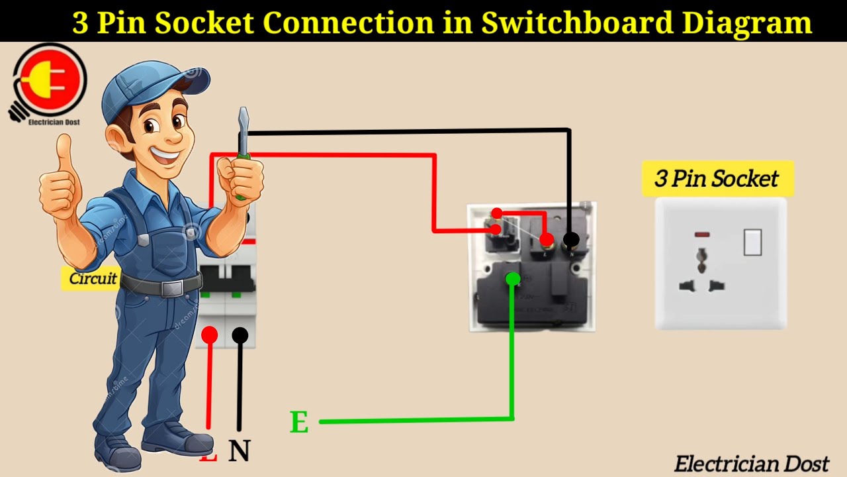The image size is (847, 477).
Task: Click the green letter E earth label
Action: coord(299,422)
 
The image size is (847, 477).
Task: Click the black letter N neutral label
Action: coord(240,451)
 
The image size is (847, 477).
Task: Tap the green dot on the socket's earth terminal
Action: coord(512,279)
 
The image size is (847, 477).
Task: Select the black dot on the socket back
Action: coord(570,240)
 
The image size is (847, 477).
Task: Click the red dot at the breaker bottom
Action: coord(210,335)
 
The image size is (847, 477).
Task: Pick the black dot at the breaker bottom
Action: coord(240,335)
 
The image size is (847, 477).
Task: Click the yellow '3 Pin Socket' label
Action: coord(717,178)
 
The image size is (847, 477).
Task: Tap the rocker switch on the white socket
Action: coord(752,242)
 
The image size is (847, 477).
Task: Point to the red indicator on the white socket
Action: coord(702,235)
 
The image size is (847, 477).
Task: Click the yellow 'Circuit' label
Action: coord(93,278)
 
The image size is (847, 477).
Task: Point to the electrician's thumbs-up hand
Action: coord(61,179)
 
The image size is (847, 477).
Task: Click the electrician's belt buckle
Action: coord(171,289)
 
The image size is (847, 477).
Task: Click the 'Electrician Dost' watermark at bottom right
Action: coord(751,464)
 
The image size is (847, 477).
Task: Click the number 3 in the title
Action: coord(81,23)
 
